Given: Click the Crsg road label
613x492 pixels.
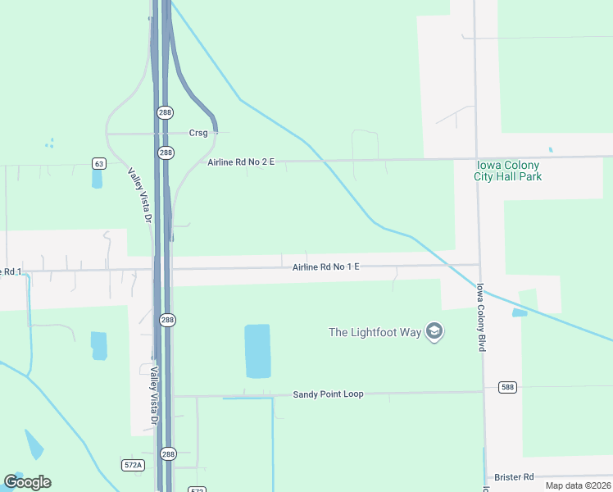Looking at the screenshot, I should point(198,133).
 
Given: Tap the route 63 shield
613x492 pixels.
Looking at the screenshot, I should point(99,164).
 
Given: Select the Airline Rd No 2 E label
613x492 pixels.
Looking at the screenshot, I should point(241,162).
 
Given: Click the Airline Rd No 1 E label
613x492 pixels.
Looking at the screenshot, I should point(326,267).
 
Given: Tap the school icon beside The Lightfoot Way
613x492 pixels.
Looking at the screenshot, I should point(434,332).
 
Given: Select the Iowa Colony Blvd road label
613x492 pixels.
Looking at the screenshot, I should point(482,318).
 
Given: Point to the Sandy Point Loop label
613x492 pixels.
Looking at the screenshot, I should point(328,394).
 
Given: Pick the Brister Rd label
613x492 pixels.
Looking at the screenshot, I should point(514,477).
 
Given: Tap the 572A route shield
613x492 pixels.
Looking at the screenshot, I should point(133,465).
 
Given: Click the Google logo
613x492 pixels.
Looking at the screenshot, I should point(27,482).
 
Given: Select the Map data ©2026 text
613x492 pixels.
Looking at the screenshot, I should point(577,485).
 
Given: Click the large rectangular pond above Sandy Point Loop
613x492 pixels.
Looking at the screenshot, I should point(257,351).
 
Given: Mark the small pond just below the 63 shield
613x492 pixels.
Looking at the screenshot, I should point(97,178).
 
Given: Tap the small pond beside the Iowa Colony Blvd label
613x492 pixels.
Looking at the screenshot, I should point(520,312).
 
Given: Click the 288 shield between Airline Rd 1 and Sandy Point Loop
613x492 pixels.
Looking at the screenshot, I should point(166,320).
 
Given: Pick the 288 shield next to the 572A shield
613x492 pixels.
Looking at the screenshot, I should point(167,453).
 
